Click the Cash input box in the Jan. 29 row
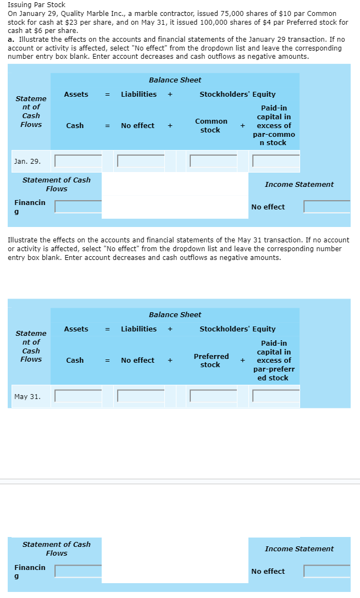78,161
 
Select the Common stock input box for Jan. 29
213,161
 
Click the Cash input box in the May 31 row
78,396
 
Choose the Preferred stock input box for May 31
213,396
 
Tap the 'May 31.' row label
27,396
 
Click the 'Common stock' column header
211,125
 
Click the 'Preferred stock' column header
211,361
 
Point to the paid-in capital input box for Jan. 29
276,161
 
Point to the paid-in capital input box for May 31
276,396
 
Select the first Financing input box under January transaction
78,207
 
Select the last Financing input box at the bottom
78,571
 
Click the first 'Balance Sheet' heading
175,80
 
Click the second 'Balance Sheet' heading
175,315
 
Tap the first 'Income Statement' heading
299,185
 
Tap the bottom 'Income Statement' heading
299,549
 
